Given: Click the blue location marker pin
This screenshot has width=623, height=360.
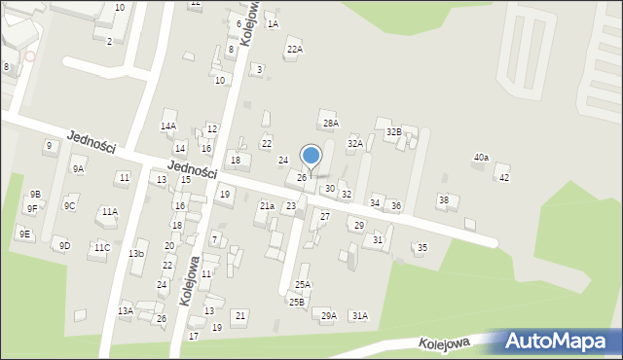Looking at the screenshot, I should pyautogui.click(x=311, y=157).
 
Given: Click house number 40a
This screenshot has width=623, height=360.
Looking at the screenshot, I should pyautogui.click(x=481, y=158).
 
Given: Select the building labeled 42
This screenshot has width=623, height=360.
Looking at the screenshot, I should pyautogui.click(x=503, y=177).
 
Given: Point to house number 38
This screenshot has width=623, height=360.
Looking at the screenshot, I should pyautogui.click(x=443, y=200).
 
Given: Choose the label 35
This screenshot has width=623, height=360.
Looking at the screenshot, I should pyautogui.click(x=421, y=248).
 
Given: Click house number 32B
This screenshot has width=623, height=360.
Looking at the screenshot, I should pyautogui.click(x=393, y=131).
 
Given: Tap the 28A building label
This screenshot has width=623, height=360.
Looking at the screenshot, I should pyautogui.click(x=331, y=123).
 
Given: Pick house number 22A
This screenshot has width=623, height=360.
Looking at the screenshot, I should pyautogui.click(x=294, y=49).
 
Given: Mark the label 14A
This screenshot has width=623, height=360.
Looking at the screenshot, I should pyautogui.click(x=168, y=126).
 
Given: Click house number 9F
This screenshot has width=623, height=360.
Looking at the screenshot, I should pyautogui.click(x=32, y=208).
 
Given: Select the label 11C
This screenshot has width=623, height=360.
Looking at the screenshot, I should pyautogui.click(x=101, y=248).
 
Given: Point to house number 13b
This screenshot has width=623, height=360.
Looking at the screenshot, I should pyautogui.click(x=136, y=254).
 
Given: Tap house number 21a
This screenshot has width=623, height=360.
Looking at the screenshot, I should pyautogui.click(x=266, y=206).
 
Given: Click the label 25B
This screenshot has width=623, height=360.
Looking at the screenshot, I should pyautogui.click(x=297, y=302).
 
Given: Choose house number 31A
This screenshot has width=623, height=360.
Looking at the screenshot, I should pyautogui.click(x=359, y=315).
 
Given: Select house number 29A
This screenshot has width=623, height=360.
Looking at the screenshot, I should pyautogui.click(x=329, y=315).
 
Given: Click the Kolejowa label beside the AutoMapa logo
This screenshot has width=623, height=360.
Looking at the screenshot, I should pyautogui.click(x=445, y=342).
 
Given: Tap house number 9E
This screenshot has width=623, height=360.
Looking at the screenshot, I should pyautogui.click(x=24, y=234).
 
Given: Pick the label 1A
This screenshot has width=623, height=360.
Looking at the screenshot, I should pyautogui.click(x=273, y=23).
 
